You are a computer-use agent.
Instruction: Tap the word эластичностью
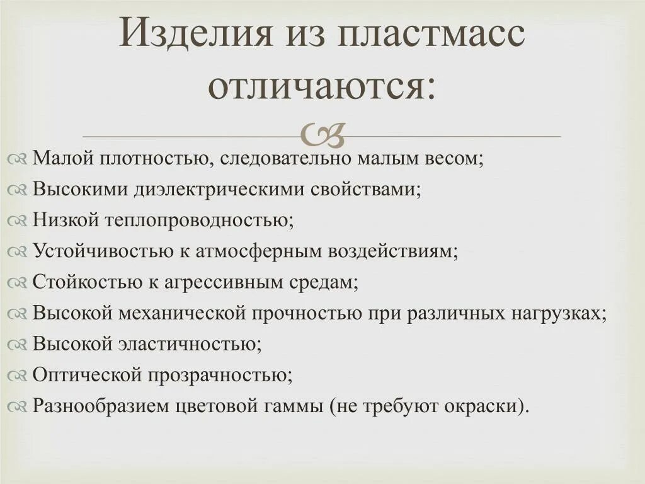click(188, 343)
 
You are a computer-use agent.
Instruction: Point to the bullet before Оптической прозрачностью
click(18, 376)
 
